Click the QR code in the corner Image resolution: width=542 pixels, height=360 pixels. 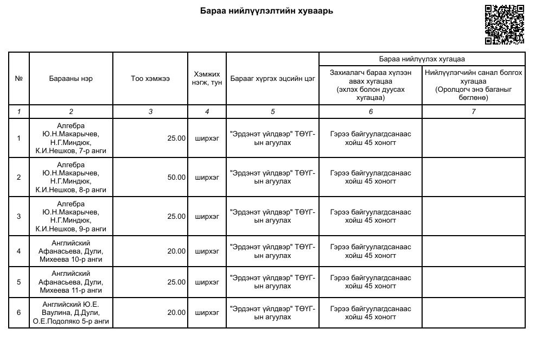point(504,24)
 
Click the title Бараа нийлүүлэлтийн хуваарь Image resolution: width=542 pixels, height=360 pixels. point(266,11)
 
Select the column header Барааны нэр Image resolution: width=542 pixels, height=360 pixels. point(71,79)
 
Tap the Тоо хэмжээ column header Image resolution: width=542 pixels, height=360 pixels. point(150,79)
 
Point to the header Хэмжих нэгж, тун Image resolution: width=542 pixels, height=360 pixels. point(207,79)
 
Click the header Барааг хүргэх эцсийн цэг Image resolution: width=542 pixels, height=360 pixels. point(272,79)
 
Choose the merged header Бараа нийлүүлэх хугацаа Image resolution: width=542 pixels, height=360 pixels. point(422,59)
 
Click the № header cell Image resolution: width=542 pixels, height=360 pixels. point(19,79)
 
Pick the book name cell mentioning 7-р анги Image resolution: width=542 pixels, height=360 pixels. point(71,138)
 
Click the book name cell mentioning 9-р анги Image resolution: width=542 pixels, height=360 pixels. point(71,216)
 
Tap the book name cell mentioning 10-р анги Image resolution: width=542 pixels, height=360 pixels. point(71,251)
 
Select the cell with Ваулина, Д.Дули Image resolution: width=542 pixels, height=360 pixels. point(71,313)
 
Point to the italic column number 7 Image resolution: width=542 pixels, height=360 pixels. point(474,111)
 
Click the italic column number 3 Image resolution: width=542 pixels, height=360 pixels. point(150,111)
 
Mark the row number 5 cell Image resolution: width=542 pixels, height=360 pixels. point(19,282)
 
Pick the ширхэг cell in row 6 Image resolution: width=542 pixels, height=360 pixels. point(207,313)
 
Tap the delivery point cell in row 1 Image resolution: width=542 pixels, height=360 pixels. point(272,138)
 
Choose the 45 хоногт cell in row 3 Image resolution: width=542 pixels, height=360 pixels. point(371,216)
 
